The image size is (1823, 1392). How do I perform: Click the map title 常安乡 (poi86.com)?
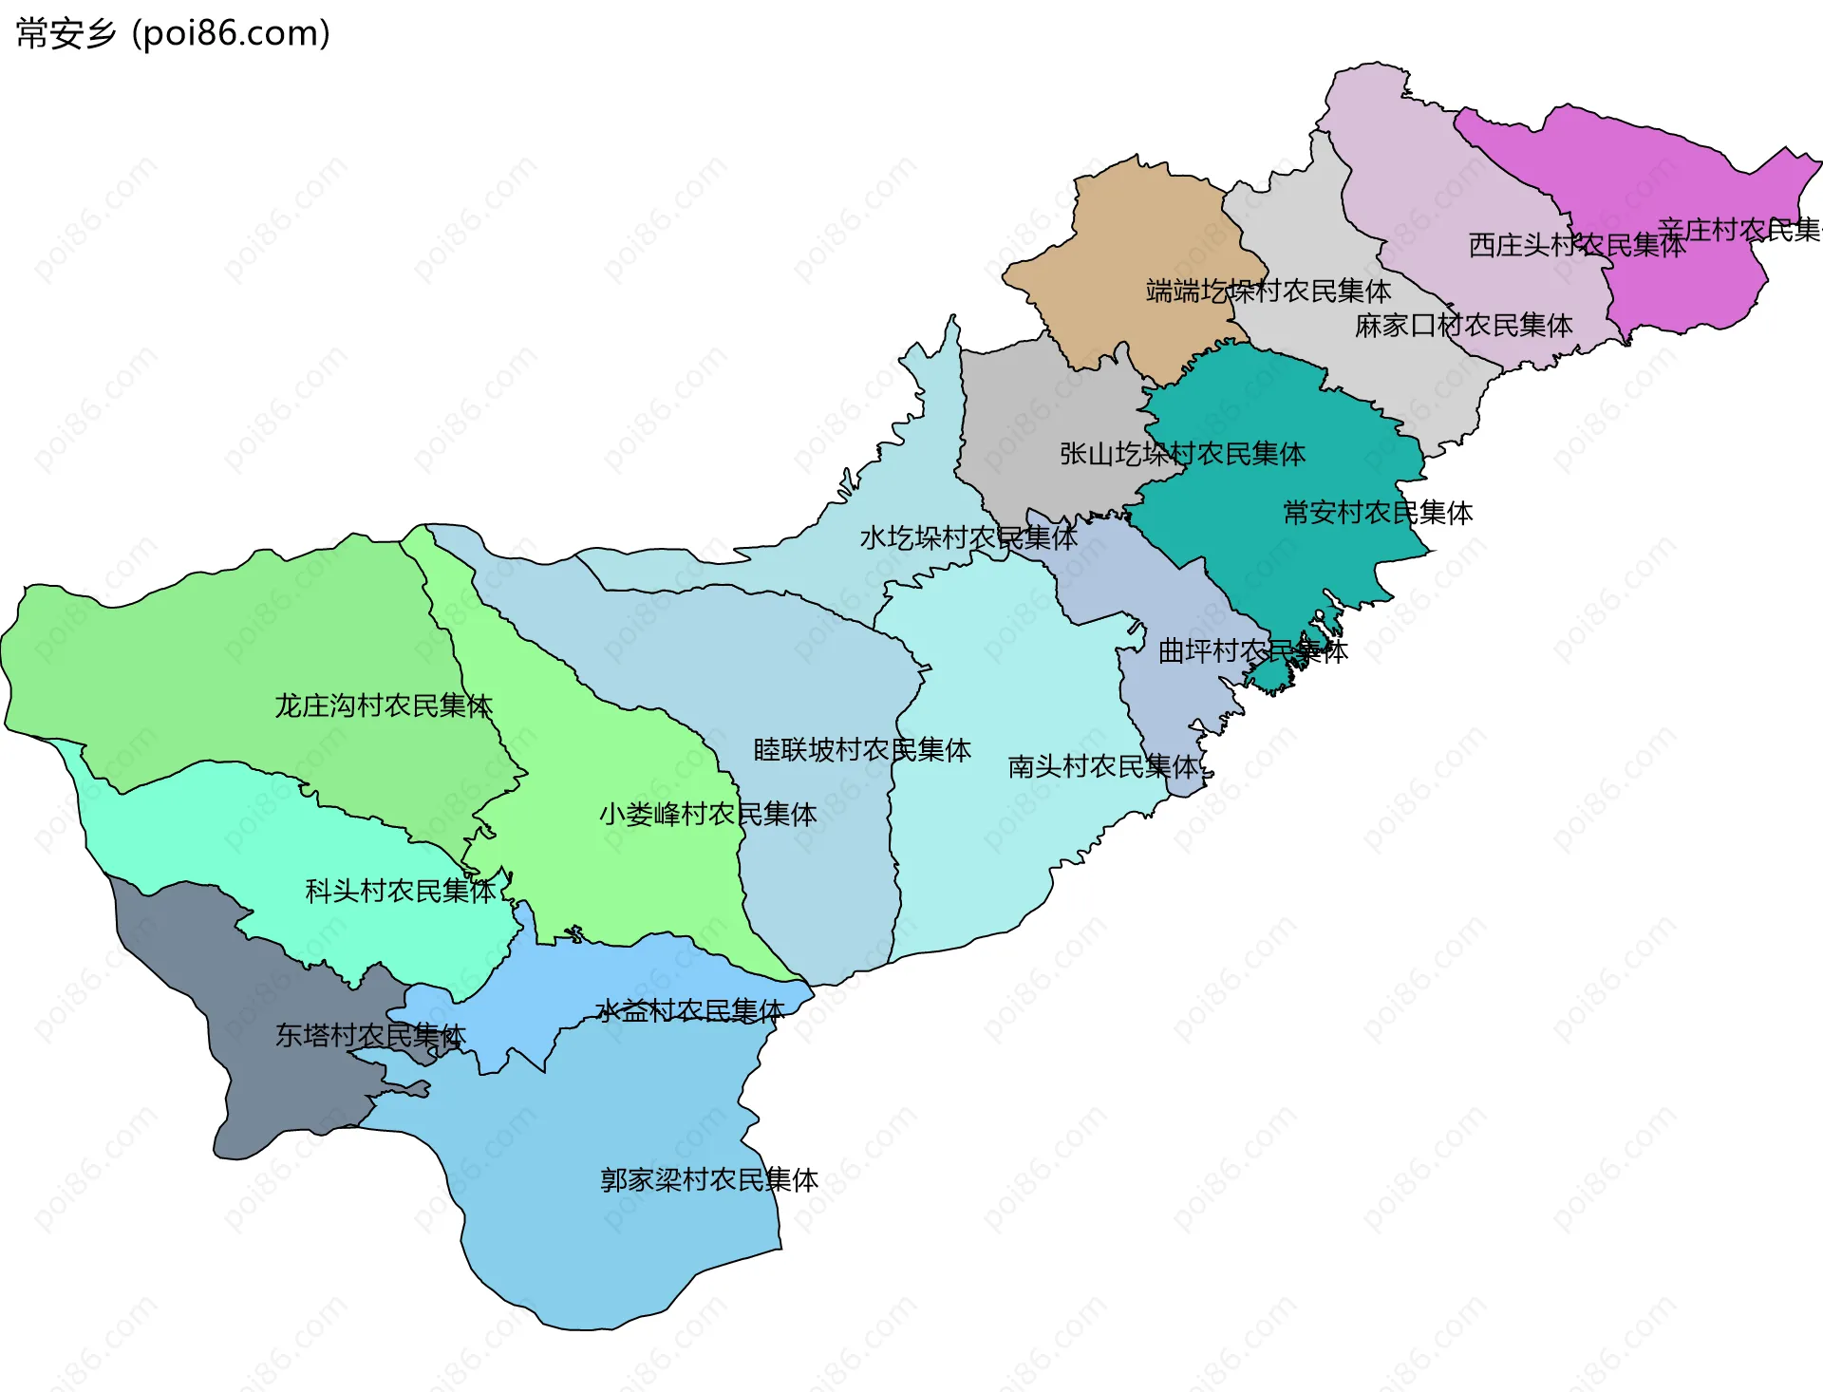[173, 34]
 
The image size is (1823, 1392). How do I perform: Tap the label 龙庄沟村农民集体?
[383, 706]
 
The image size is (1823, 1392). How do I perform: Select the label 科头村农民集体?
[400, 892]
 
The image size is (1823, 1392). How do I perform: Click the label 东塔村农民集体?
[369, 1036]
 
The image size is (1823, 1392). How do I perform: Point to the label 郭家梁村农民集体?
[708, 1180]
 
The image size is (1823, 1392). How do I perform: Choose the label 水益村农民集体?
[689, 1011]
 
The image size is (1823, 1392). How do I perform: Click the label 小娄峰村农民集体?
[707, 815]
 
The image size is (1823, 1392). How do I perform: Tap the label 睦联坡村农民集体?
[861, 751]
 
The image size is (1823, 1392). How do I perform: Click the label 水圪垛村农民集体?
[968, 538]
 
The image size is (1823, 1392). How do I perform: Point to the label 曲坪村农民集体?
[1252, 651]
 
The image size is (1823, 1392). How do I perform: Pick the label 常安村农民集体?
[1377, 514]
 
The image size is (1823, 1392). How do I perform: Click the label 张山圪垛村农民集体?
[1182, 455]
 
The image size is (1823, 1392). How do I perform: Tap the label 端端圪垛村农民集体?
[1268, 292]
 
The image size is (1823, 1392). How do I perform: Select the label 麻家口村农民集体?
[1463, 326]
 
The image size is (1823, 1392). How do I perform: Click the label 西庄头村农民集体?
[1576, 246]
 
